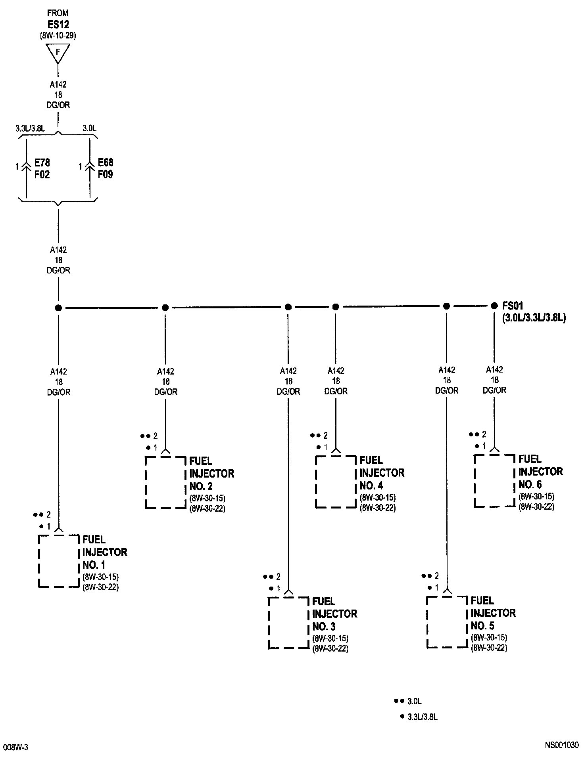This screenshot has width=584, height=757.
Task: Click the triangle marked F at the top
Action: point(58,52)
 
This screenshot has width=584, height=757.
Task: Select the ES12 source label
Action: point(58,24)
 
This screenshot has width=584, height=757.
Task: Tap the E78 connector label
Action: point(42,162)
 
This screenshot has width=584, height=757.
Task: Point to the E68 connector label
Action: point(106,162)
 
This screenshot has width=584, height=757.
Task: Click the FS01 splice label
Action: point(513,306)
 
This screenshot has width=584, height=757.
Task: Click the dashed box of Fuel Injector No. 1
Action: point(59,561)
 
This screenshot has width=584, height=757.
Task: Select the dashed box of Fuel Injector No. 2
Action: point(165,482)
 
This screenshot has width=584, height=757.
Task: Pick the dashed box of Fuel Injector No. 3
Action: point(288,623)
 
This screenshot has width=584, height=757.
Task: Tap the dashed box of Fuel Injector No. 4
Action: point(336,482)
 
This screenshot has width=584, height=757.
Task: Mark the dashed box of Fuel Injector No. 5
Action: point(447,622)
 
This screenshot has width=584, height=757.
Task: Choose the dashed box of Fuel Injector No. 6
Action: point(494,481)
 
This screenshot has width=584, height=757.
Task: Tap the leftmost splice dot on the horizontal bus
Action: point(58,308)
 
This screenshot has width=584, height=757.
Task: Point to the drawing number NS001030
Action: point(561,745)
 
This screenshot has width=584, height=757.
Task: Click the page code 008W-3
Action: point(15,747)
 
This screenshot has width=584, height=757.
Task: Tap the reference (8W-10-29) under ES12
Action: point(58,35)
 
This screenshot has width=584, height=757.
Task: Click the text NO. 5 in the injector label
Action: point(482,626)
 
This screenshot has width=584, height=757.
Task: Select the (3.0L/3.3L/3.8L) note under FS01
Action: point(534,317)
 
